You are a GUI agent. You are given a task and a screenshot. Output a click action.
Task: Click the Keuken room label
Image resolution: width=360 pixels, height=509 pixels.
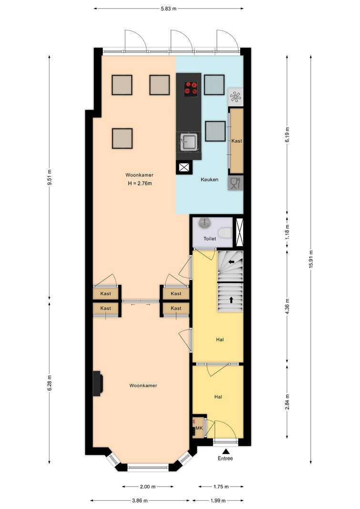[209, 179]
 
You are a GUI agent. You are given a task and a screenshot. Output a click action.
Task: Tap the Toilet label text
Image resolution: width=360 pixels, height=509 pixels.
[209, 239]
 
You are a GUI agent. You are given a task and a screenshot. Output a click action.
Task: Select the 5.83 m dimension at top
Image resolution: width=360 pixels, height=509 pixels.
[169, 9]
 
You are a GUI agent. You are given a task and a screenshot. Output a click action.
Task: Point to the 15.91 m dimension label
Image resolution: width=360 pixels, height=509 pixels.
[311, 259]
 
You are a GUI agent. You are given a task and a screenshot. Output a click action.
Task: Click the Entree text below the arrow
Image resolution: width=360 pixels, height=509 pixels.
[225, 458]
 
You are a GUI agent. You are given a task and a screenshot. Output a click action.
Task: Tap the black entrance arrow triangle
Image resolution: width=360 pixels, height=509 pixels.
[226, 451]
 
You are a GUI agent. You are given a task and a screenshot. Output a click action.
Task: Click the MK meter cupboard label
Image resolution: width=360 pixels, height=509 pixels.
[199, 428]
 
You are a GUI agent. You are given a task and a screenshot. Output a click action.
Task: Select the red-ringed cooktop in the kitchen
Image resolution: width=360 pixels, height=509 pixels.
[191, 88]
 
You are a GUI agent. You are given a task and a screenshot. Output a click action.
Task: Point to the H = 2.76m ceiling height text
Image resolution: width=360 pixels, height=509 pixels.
[140, 183]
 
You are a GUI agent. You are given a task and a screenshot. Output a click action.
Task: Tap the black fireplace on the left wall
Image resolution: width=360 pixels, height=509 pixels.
[98, 384]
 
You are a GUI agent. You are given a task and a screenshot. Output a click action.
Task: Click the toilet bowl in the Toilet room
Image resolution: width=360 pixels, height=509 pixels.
[225, 232]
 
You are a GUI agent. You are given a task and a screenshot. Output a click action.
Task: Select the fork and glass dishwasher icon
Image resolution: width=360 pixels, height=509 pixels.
[236, 183]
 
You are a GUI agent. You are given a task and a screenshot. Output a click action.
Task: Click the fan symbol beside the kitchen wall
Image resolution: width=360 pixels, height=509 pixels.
[236, 97]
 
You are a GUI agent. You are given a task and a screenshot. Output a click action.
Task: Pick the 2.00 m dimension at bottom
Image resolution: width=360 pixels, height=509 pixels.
[147, 487]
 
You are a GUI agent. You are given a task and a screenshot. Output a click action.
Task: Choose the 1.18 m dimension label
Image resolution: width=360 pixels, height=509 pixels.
[287, 231]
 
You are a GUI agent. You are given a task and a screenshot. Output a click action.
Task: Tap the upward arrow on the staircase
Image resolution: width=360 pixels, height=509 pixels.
[231, 300]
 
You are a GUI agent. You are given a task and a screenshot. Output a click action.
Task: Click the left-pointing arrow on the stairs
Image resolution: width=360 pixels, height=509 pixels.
[232, 261]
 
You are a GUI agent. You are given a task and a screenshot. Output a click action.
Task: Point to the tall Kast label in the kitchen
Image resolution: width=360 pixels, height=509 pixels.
[237, 141]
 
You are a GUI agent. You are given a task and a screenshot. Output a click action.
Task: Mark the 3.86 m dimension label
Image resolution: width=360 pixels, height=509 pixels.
[140, 500]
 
